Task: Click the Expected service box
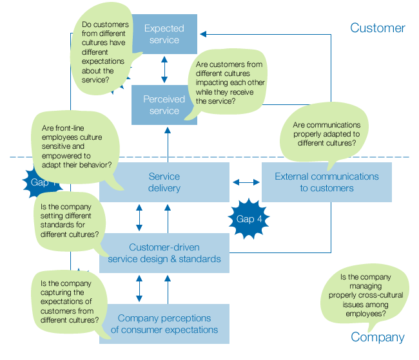(165, 34)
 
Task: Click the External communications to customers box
(326, 182)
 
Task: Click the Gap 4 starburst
(249, 219)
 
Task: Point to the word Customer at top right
(377, 28)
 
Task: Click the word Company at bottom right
(377, 337)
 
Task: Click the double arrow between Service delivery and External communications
(246, 182)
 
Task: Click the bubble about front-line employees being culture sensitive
(71, 147)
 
